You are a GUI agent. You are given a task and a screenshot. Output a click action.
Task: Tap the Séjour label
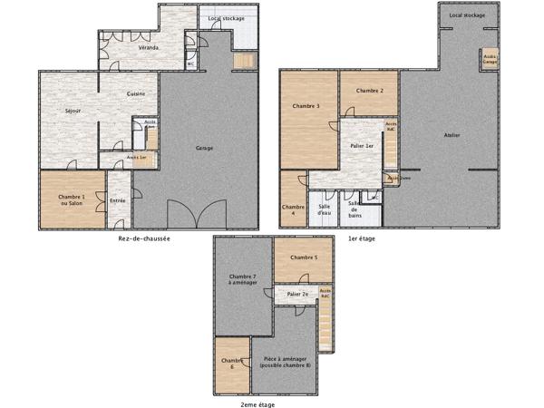pyautogui.click(x=73, y=111)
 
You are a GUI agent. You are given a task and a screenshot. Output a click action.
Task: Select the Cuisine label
pyautogui.click(x=136, y=94)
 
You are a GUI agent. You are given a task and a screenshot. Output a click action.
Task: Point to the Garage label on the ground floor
pyautogui.click(x=205, y=148)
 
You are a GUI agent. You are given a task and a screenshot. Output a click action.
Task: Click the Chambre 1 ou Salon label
pyautogui.click(x=72, y=200)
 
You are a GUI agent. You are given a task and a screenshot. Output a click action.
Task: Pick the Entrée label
pyautogui.click(x=117, y=200)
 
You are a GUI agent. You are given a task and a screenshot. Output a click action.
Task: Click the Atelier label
pyautogui.click(x=452, y=135)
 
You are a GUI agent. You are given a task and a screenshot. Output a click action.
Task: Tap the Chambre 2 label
pyautogui.click(x=370, y=91)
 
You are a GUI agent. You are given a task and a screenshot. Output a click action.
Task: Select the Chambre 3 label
pyautogui.click(x=306, y=107)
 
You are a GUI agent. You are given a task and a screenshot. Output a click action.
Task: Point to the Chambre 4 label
pyautogui.click(x=293, y=210)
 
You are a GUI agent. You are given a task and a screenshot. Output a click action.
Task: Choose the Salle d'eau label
pyautogui.click(x=324, y=210)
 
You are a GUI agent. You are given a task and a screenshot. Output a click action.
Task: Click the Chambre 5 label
pyautogui.click(x=304, y=257)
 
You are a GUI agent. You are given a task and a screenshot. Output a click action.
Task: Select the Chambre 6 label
pyautogui.click(x=228, y=364)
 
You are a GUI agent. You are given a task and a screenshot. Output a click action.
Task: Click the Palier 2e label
pyautogui.click(x=297, y=295)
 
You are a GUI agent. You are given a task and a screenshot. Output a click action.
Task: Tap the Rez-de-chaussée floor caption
pyautogui.click(x=144, y=238)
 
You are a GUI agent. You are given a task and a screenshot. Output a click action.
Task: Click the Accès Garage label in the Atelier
pyautogui.click(x=490, y=57)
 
